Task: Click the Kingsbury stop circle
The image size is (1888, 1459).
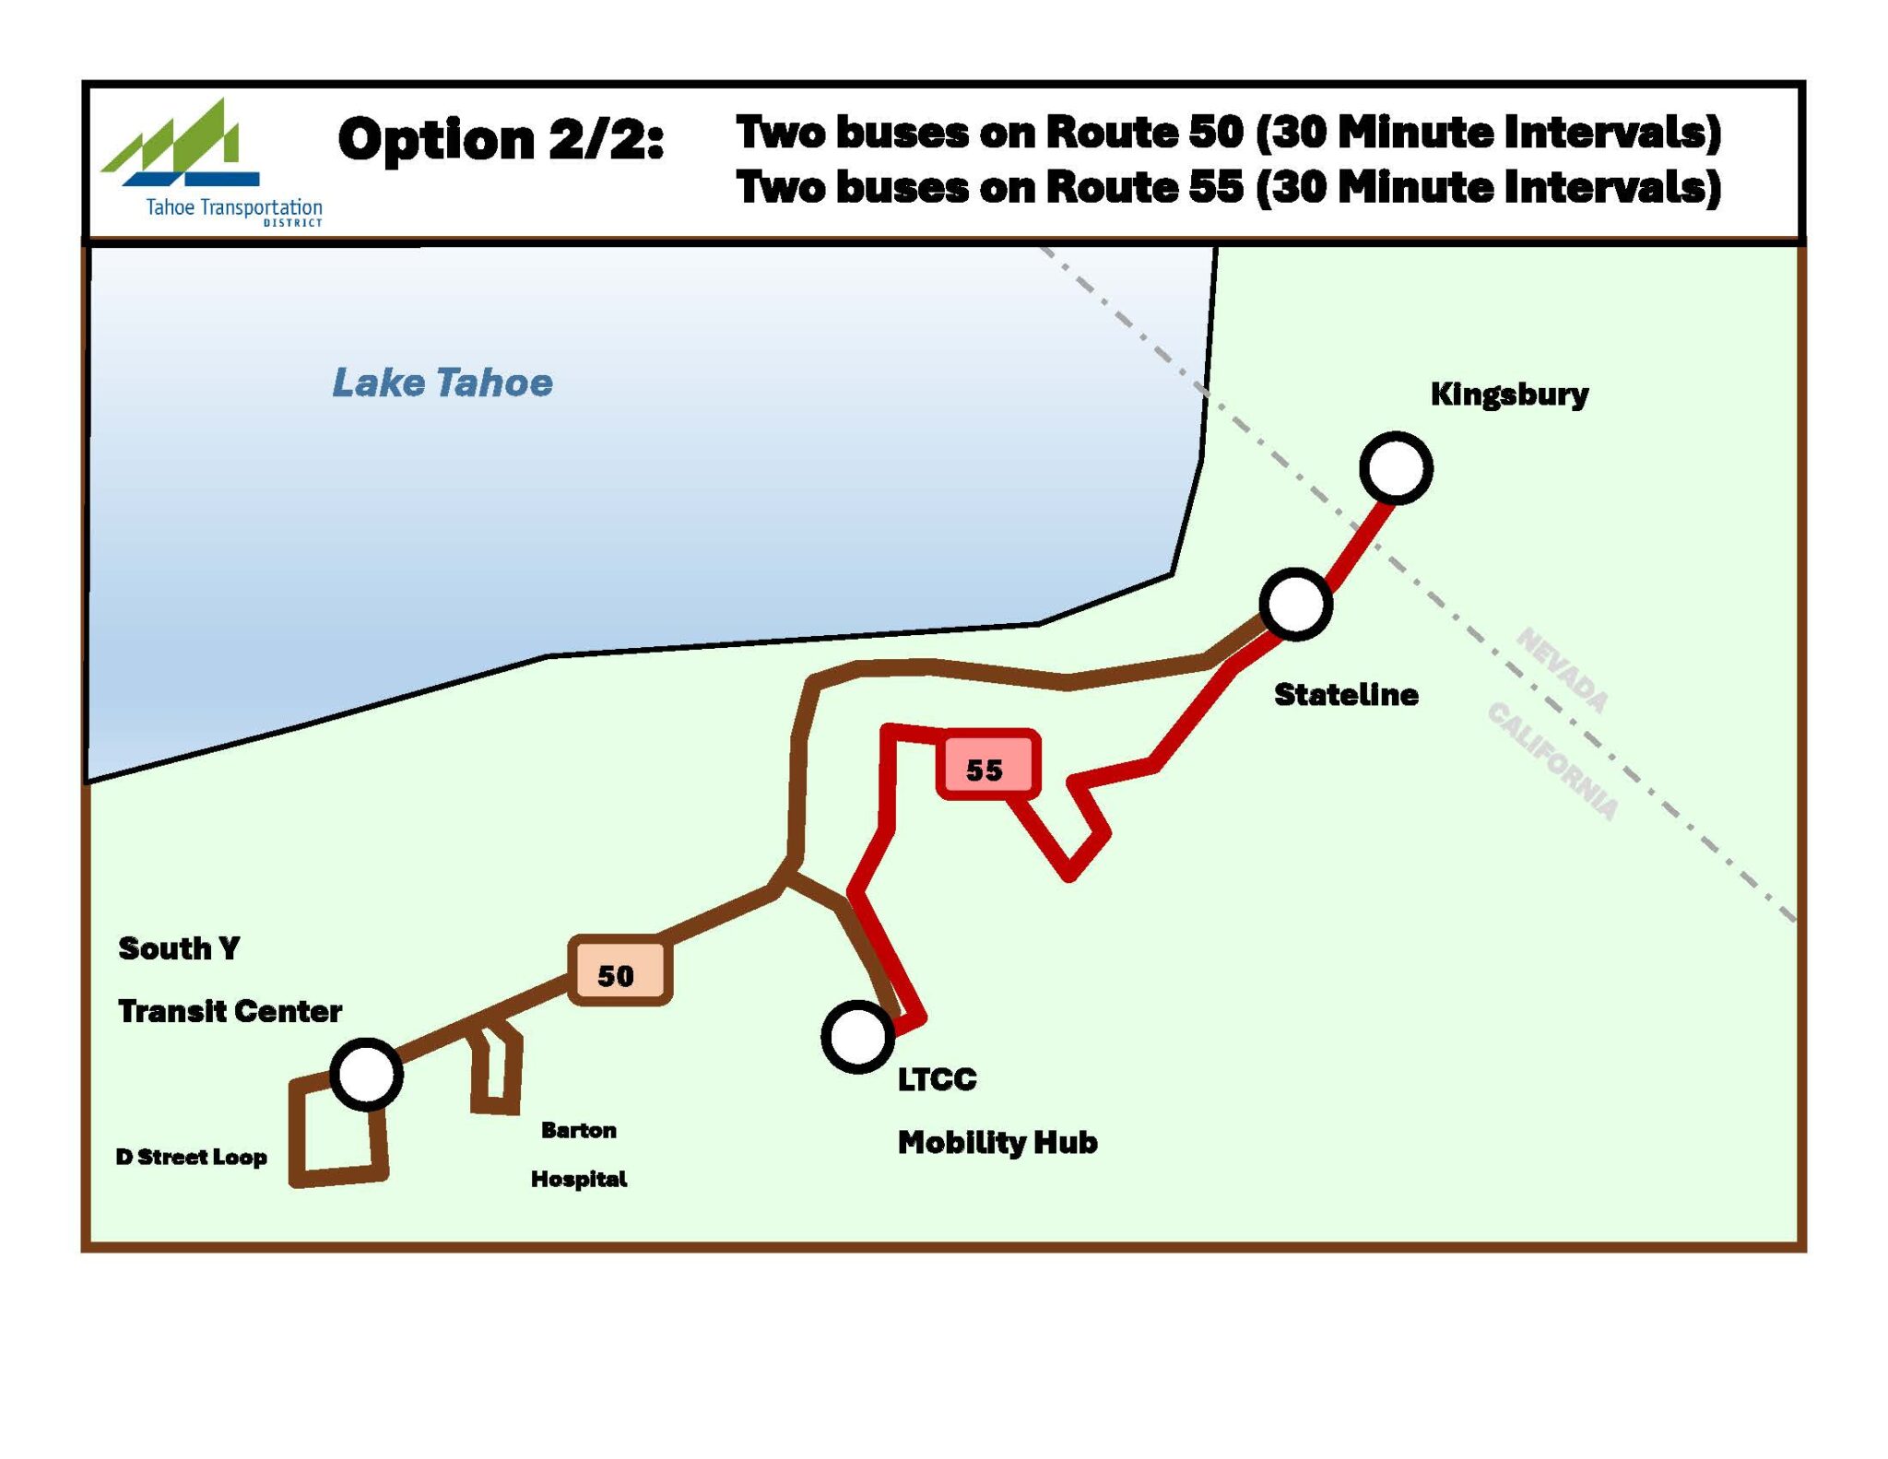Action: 1396,468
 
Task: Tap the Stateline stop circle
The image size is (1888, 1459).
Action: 1295,604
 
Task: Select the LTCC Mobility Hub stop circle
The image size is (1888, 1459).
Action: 857,1037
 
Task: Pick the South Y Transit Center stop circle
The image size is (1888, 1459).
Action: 366,1075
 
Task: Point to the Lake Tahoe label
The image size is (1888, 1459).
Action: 442,382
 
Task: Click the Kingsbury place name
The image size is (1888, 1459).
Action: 1509,394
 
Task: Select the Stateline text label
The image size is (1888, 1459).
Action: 1345,694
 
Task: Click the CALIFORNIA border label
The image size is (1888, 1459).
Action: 1552,761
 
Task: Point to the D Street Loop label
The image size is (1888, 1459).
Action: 192,1157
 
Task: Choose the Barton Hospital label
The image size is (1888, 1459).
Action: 579,1154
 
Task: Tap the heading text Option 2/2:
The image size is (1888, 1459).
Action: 501,140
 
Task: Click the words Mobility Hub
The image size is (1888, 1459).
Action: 997,1143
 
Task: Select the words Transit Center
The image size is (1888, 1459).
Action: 230,1011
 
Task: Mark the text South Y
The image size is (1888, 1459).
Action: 180,948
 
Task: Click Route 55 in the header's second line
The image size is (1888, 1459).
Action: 1144,188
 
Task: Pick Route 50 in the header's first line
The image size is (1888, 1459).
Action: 1144,133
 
